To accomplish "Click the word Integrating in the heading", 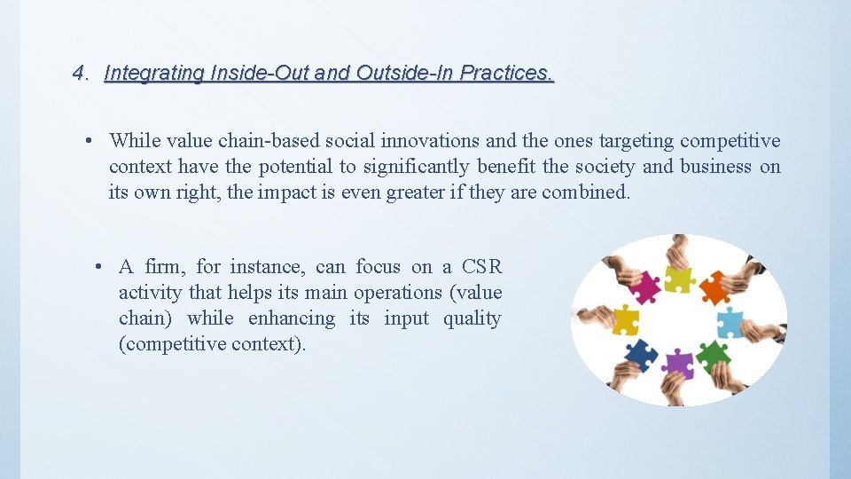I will [x=154, y=74].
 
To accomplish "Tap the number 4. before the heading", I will [x=81, y=74].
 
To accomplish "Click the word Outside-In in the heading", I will [x=406, y=74].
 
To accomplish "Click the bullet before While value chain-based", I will [x=90, y=141].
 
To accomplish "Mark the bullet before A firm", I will [x=102, y=267].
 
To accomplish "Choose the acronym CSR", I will [x=481, y=267].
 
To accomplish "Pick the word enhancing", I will [x=292, y=318].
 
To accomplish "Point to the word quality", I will [x=476, y=318].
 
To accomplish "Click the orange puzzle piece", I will [x=714, y=287].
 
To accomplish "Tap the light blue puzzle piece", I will [x=729, y=323].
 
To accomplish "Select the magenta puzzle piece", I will [x=644, y=286].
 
